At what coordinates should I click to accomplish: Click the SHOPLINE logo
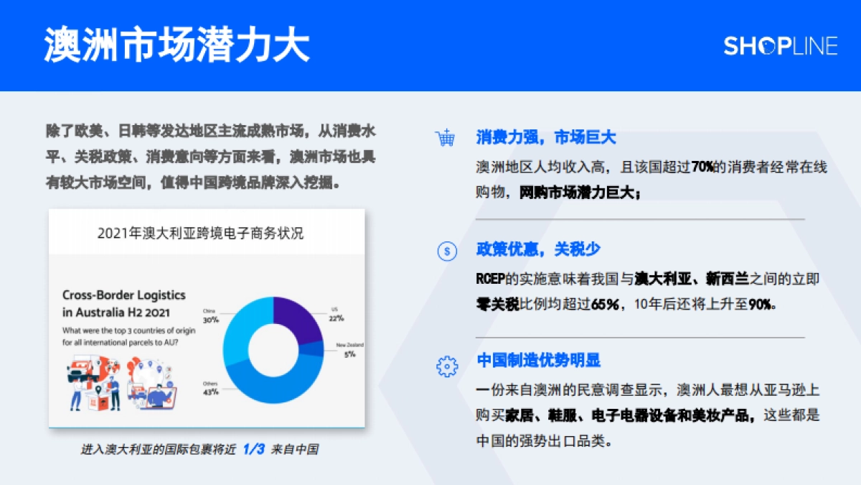click(780, 46)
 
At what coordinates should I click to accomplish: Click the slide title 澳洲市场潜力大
click(177, 45)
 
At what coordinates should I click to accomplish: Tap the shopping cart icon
click(446, 138)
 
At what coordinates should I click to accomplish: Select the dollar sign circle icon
click(446, 251)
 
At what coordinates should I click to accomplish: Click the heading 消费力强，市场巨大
click(546, 137)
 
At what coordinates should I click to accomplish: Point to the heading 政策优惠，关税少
click(538, 250)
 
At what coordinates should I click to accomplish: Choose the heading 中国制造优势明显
click(539, 361)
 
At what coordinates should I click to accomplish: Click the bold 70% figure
click(702, 167)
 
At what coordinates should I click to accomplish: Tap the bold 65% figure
click(604, 304)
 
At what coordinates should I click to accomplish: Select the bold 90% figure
click(760, 304)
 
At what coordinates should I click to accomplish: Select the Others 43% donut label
click(210, 388)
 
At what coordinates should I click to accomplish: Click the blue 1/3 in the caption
click(254, 449)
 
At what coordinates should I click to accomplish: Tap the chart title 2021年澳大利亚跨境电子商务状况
click(200, 234)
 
